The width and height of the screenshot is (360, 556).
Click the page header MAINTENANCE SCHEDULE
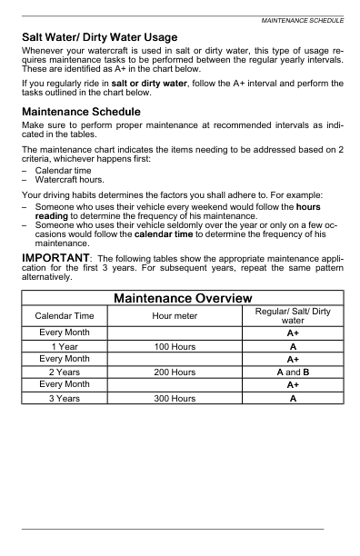click(x=302, y=19)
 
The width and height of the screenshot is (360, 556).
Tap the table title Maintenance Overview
click(x=183, y=299)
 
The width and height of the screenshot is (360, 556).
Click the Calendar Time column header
click(x=64, y=315)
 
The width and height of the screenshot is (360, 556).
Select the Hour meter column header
click(x=181, y=315)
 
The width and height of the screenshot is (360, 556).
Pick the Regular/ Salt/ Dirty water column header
click(x=293, y=315)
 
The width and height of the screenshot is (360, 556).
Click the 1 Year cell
click(x=64, y=347)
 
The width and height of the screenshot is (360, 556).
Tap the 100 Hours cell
click(x=181, y=347)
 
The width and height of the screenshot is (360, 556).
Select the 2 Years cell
click(x=64, y=372)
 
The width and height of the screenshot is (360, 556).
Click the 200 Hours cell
click(x=181, y=372)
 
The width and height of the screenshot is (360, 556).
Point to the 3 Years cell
click(x=64, y=398)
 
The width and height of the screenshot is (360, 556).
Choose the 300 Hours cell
click(x=181, y=398)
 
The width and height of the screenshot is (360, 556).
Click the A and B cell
click(x=293, y=372)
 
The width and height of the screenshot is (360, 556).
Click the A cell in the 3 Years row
click(x=293, y=398)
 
